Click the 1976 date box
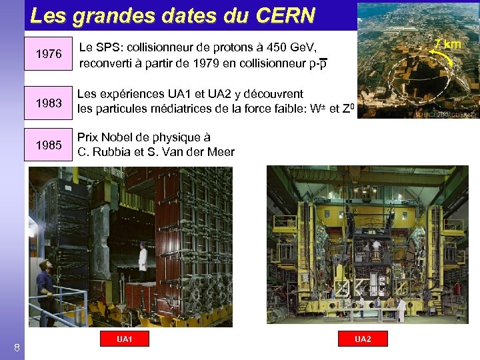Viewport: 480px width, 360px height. click(x=48, y=54)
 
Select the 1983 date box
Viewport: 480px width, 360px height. click(x=48, y=103)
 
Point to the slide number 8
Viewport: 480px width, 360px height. click(x=17, y=347)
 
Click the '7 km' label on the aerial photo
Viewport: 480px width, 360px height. click(x=448, y=44)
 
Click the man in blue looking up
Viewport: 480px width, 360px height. click(x=45, y=283)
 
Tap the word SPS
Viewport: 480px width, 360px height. click(x=109, y=47)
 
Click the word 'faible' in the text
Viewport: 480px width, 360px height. click(x=271, y=109)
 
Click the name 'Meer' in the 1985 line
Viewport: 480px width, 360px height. click(x=219, y=152)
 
